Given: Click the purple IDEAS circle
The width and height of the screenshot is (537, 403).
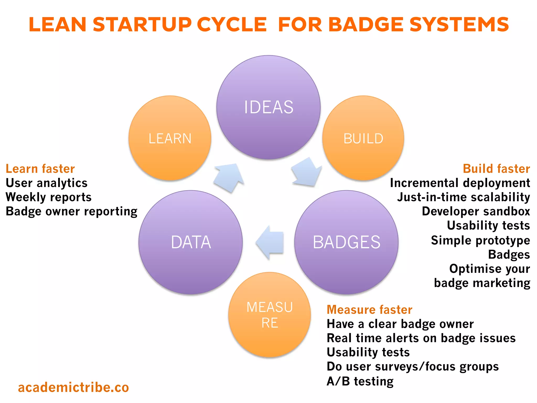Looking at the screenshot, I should click(x=268, y=107).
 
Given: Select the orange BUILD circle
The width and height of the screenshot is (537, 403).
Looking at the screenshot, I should click(x=363, y=138).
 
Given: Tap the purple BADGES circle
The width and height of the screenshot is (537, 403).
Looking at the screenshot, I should click(x=346, y=242).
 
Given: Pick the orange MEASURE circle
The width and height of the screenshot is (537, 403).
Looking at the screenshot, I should click(x=270, y=315).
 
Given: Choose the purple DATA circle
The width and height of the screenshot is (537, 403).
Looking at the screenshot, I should click(x=191, y=242).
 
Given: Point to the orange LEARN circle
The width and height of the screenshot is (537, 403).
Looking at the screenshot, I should click(x=170, y=138).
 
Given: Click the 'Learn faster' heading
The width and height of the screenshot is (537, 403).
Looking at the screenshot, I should click(x=40, y=169).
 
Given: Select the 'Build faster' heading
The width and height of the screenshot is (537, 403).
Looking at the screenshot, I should click(x=496, y=169).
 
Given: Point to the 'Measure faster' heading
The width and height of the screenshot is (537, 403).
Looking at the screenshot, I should click(x=369, y=310).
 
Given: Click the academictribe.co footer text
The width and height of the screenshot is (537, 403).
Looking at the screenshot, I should click(x=73, y=387).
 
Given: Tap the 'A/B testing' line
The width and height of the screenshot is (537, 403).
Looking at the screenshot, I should click(x=360, y=381).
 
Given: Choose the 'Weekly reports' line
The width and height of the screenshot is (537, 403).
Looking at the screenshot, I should click(x=49, y=197).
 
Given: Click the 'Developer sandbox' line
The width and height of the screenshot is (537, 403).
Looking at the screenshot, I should click(x=476, y=211).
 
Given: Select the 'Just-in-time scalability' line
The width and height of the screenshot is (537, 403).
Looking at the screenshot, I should click(x=464, y=197).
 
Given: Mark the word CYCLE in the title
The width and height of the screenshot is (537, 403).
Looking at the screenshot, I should click(x=232, y=25).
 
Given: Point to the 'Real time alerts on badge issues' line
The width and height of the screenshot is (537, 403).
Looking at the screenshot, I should click(x=421, y=338).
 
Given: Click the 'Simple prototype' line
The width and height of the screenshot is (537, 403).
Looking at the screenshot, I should click(x=480, y=240).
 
